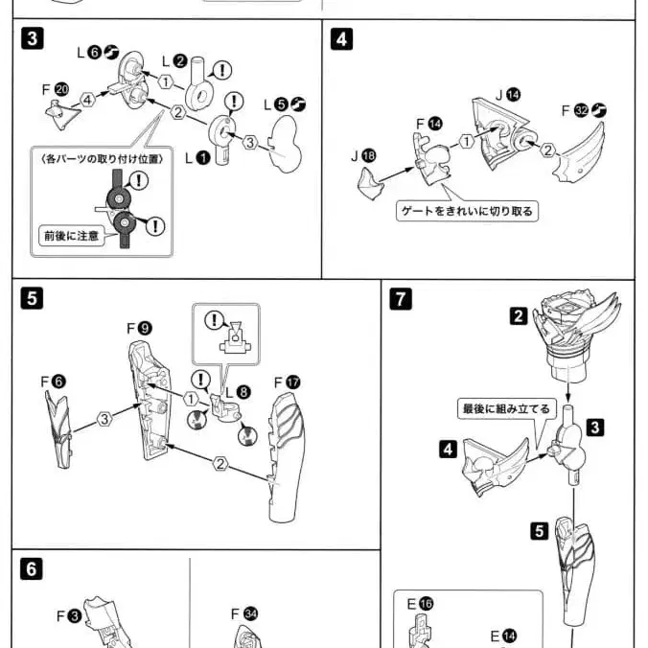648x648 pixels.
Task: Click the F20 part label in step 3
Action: tap(55, 88)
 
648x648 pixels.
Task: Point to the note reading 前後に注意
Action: tap(70, 235)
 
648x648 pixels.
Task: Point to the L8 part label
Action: tap(237, 392)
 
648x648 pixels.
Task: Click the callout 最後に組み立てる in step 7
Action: tap(506, 408)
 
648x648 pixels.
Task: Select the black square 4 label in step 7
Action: tap(448, 447)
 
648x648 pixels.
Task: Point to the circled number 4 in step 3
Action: tap(87, 98)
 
